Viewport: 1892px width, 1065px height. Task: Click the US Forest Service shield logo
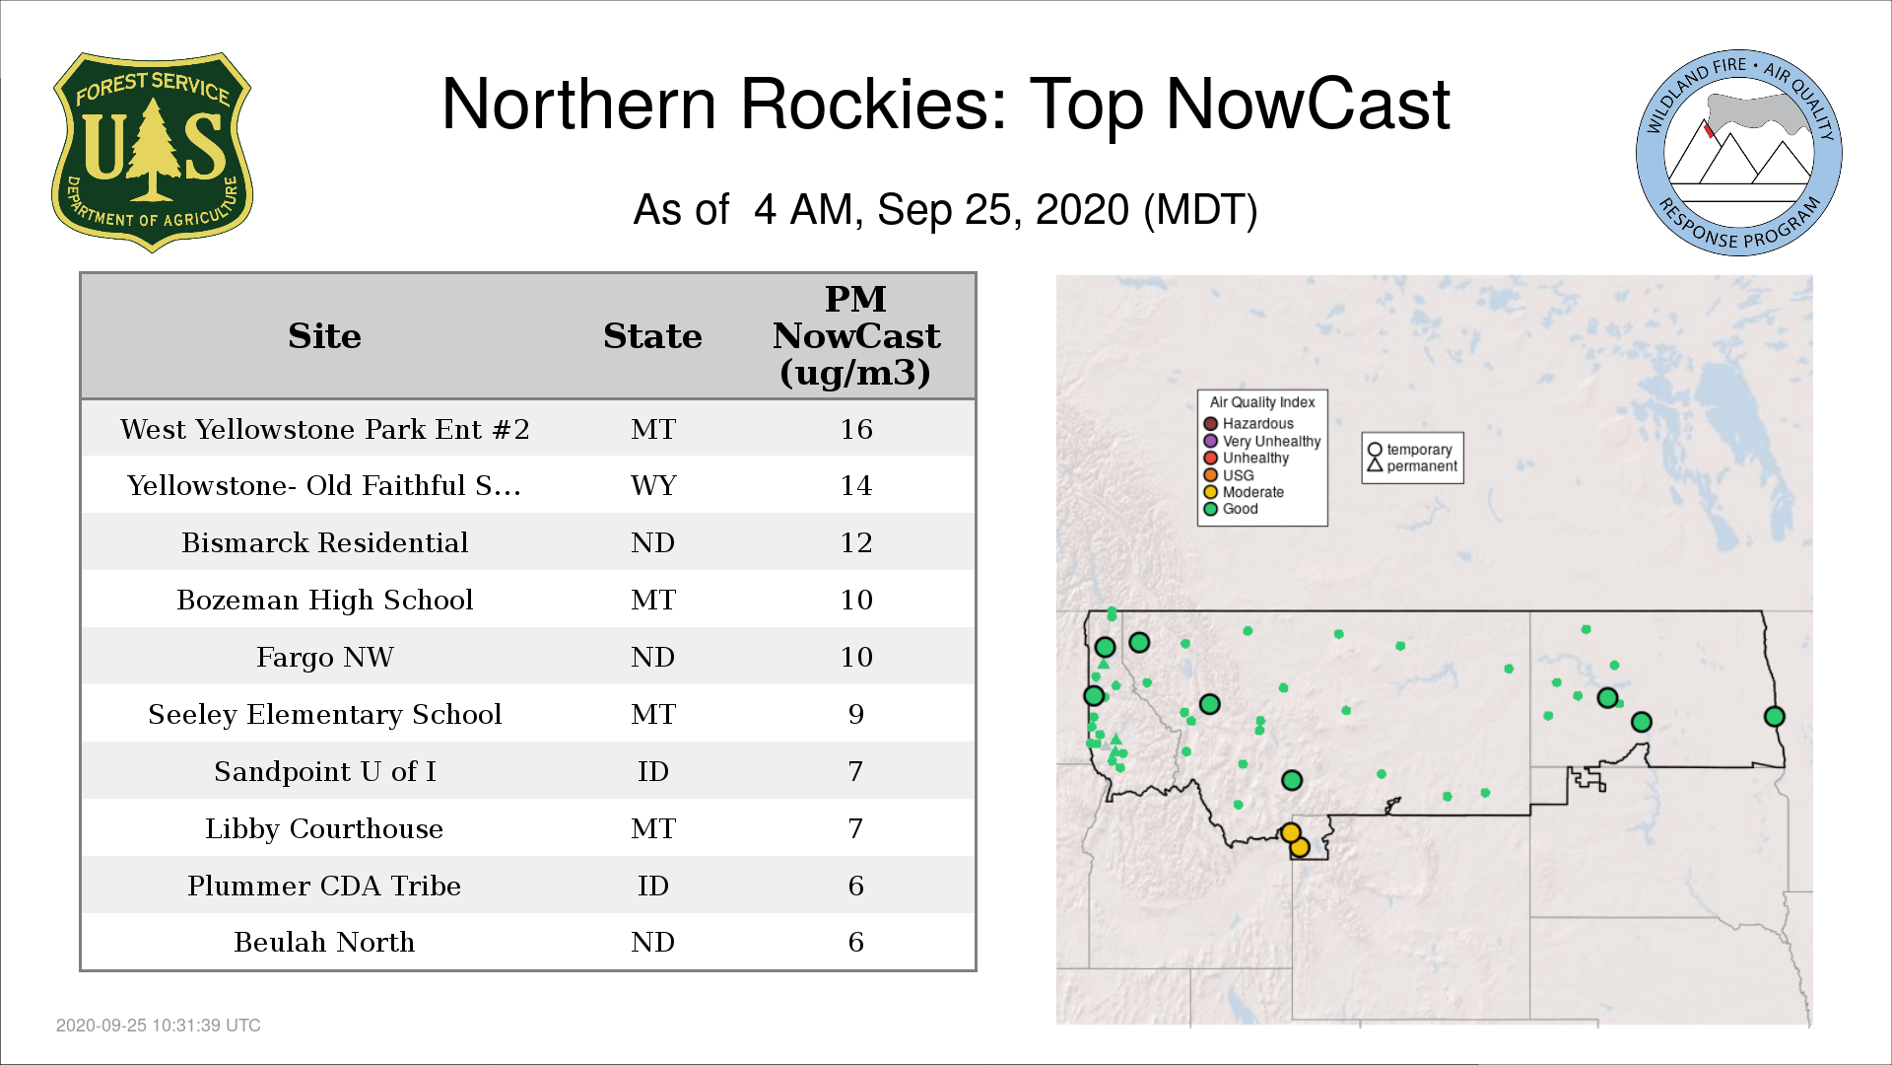tap(152, 152)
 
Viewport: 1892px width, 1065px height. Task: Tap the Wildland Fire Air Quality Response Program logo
tap(1739, 153)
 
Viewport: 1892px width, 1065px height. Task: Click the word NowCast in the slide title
tap(1308, 104)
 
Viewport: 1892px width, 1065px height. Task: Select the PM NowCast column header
tap(855, 335)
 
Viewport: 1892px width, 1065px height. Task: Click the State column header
tap(652, 336)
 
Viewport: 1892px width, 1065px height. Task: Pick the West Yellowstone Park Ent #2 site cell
tap(325, 429)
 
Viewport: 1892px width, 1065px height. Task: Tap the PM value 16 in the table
tap(856, 429)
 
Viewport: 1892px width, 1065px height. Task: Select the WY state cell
tap(653, 485)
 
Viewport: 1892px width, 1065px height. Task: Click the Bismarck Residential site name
tap(325, 542)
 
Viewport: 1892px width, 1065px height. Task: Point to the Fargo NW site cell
tap(325, 657)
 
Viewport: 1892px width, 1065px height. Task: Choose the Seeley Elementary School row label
tap(325, 714)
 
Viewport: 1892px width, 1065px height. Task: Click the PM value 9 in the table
tap(856, 714)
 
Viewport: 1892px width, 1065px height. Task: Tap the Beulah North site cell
tap(325, 942)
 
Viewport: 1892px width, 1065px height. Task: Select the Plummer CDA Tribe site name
tap(325, 886)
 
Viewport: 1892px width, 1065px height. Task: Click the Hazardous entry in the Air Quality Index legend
tap(1249, 424)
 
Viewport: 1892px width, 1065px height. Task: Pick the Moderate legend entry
tap(1244, 492)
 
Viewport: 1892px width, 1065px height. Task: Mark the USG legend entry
tap(1229, 475)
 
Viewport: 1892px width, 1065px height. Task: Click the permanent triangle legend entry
tap(1412, 465)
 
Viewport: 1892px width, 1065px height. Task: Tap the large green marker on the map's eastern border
tap(1774, 717)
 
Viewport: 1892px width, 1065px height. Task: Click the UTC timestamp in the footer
tap(159, 1026)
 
